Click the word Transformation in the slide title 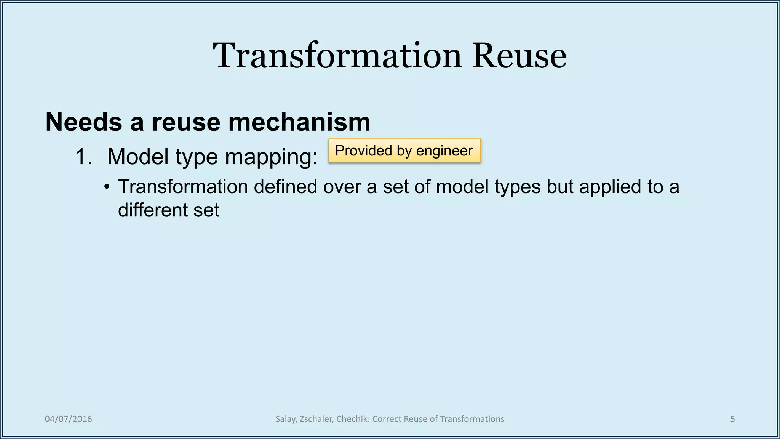(x=337, y=56)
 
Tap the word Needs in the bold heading (x=83, y=122)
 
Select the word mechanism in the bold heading (x=299, y=122)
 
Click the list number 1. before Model (x=84, y=157)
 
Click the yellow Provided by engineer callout (x=404, y=151)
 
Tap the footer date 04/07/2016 (x=68, y=419)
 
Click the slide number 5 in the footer (x=732, y=419)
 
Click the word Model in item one (x=137, y=157)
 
